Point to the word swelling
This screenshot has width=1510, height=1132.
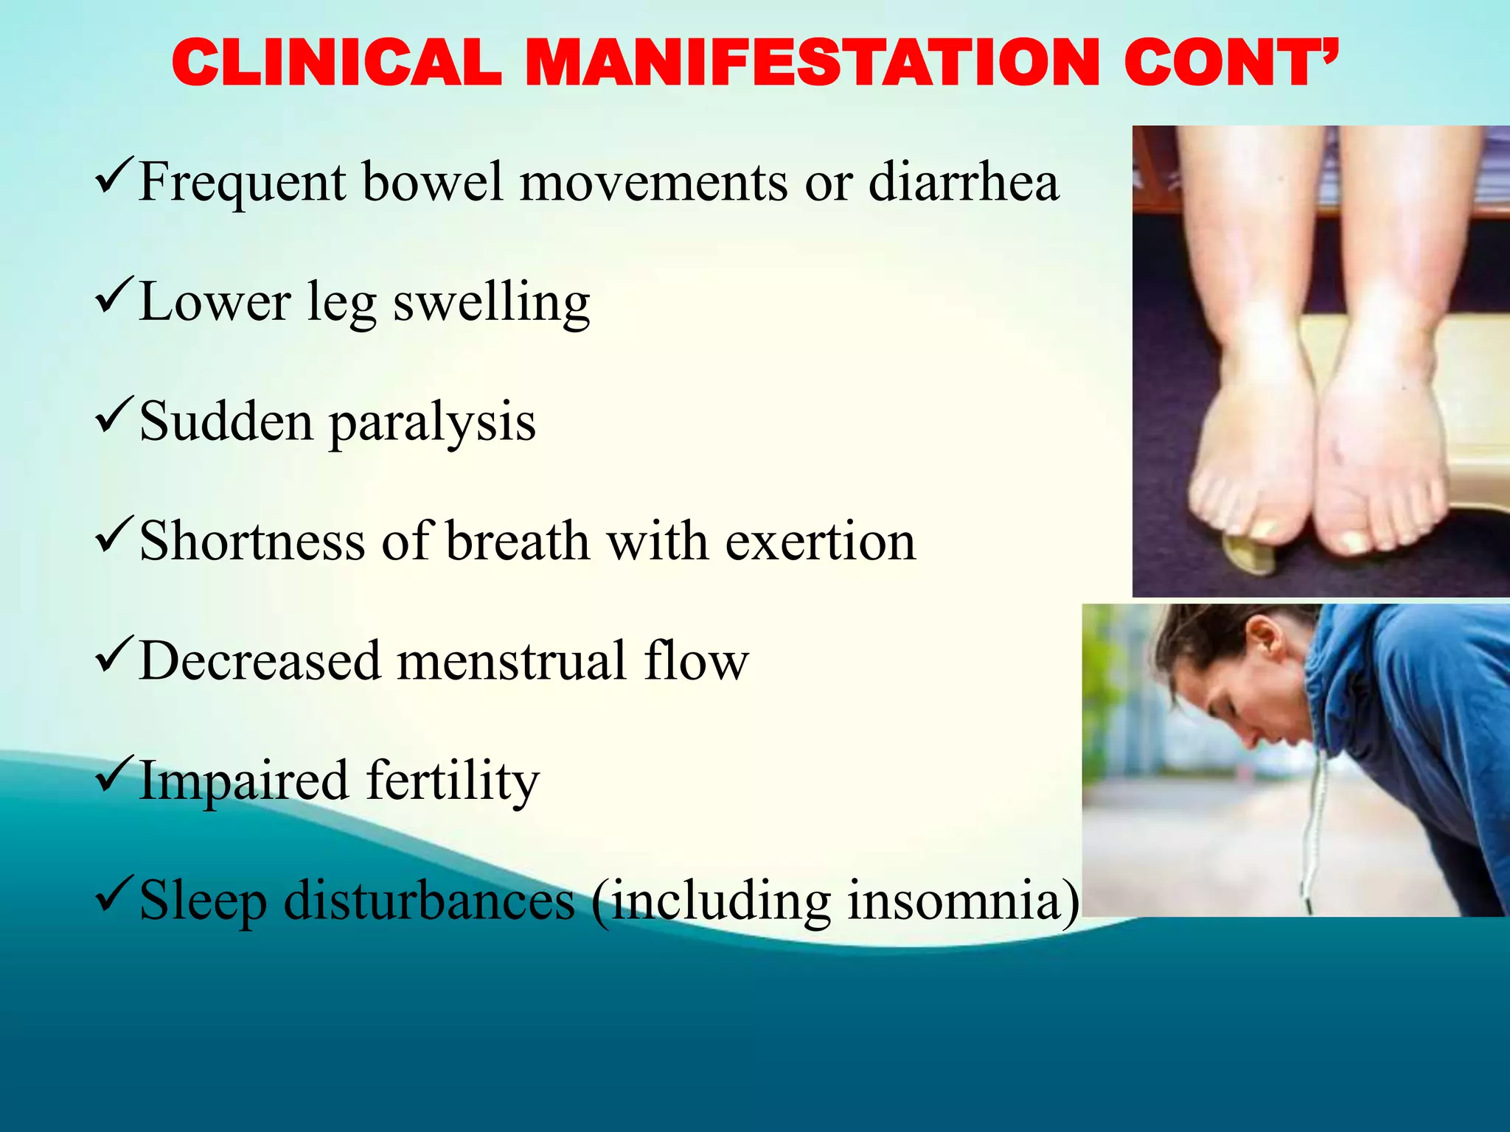(x=491, y=303)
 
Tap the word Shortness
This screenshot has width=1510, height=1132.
(x=252, y=542)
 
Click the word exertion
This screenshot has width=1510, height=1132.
(x=820, y=542)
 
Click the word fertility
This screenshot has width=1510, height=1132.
(x=453, y=781)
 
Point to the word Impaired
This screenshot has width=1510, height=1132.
(x=243, y=781)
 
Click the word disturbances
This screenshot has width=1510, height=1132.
(x=430, y=901)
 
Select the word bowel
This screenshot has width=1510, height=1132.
(x=432, y=182)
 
